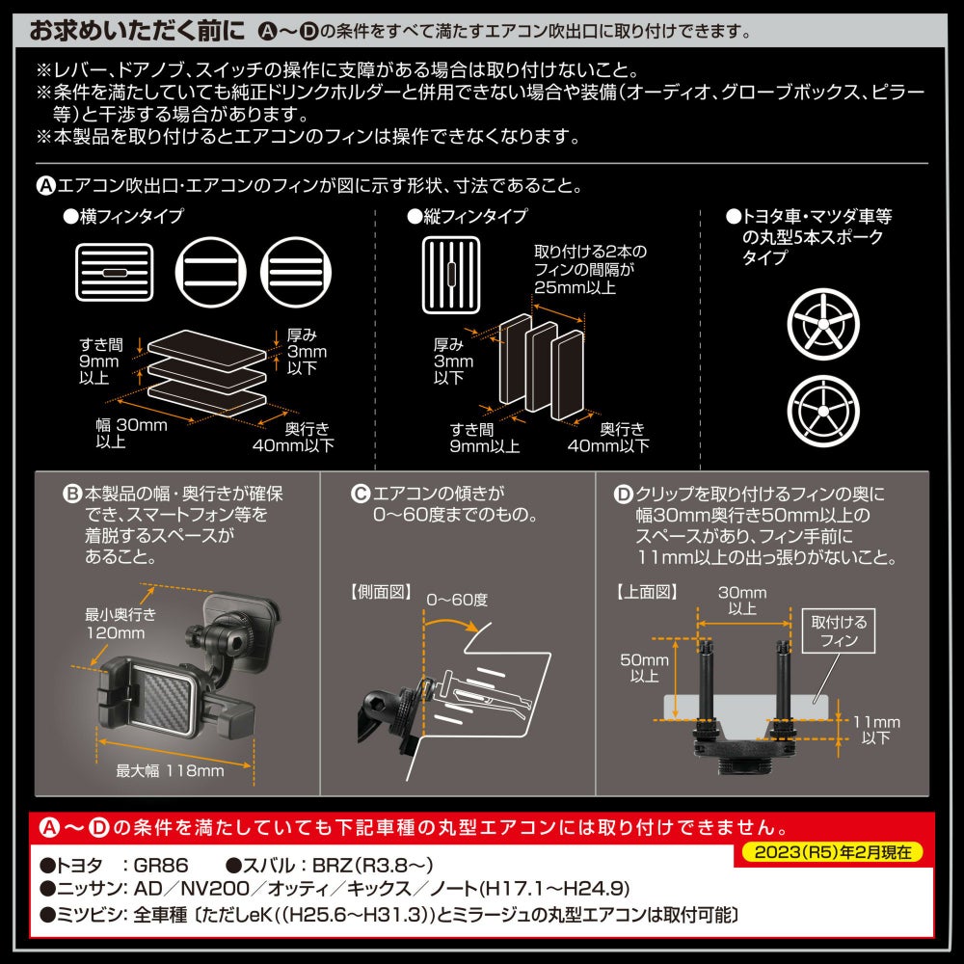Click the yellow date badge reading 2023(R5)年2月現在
click(x=833, y=852)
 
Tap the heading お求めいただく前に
click(x=137, y=31)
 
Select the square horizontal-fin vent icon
click(x=115, y=273)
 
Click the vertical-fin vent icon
click(x=450, y=276)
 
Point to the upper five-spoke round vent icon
click(x=823, y=324)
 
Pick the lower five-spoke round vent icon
click(x=823, y=411)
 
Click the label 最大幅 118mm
click(x=171, y=770)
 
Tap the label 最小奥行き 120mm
click(x=120, y=624)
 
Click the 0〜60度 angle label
click(x=457, y=600)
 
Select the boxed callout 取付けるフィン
click(x=839, y=630)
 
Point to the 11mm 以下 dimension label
click(x=876, y=730)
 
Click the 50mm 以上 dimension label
click(x=644, y=668)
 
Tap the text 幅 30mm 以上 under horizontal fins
click(x=131, y=433)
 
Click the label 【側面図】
click(x=381, y=592)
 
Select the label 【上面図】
click(x=647, y=592)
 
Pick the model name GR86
click(x=160, y=865)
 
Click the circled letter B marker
click(x=72, y=494)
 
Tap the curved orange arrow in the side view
click(x=450, y=622)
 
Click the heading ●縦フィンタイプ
click(x=468, y=216)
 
